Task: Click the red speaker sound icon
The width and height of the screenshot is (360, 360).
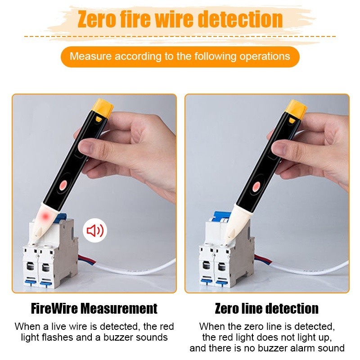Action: pos(95,230)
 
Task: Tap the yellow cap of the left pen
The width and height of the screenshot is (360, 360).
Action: pos(104,108)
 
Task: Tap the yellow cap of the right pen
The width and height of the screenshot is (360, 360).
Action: pos(297,109)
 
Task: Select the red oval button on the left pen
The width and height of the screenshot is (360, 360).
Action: pos(63,184)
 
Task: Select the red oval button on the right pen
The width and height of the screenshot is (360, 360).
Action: pos(256,186)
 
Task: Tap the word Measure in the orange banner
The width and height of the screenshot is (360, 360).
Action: pos(90,56)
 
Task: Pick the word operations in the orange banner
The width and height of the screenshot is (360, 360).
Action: pos(265,57)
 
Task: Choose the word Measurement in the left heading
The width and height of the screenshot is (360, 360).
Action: pos(120,308)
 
